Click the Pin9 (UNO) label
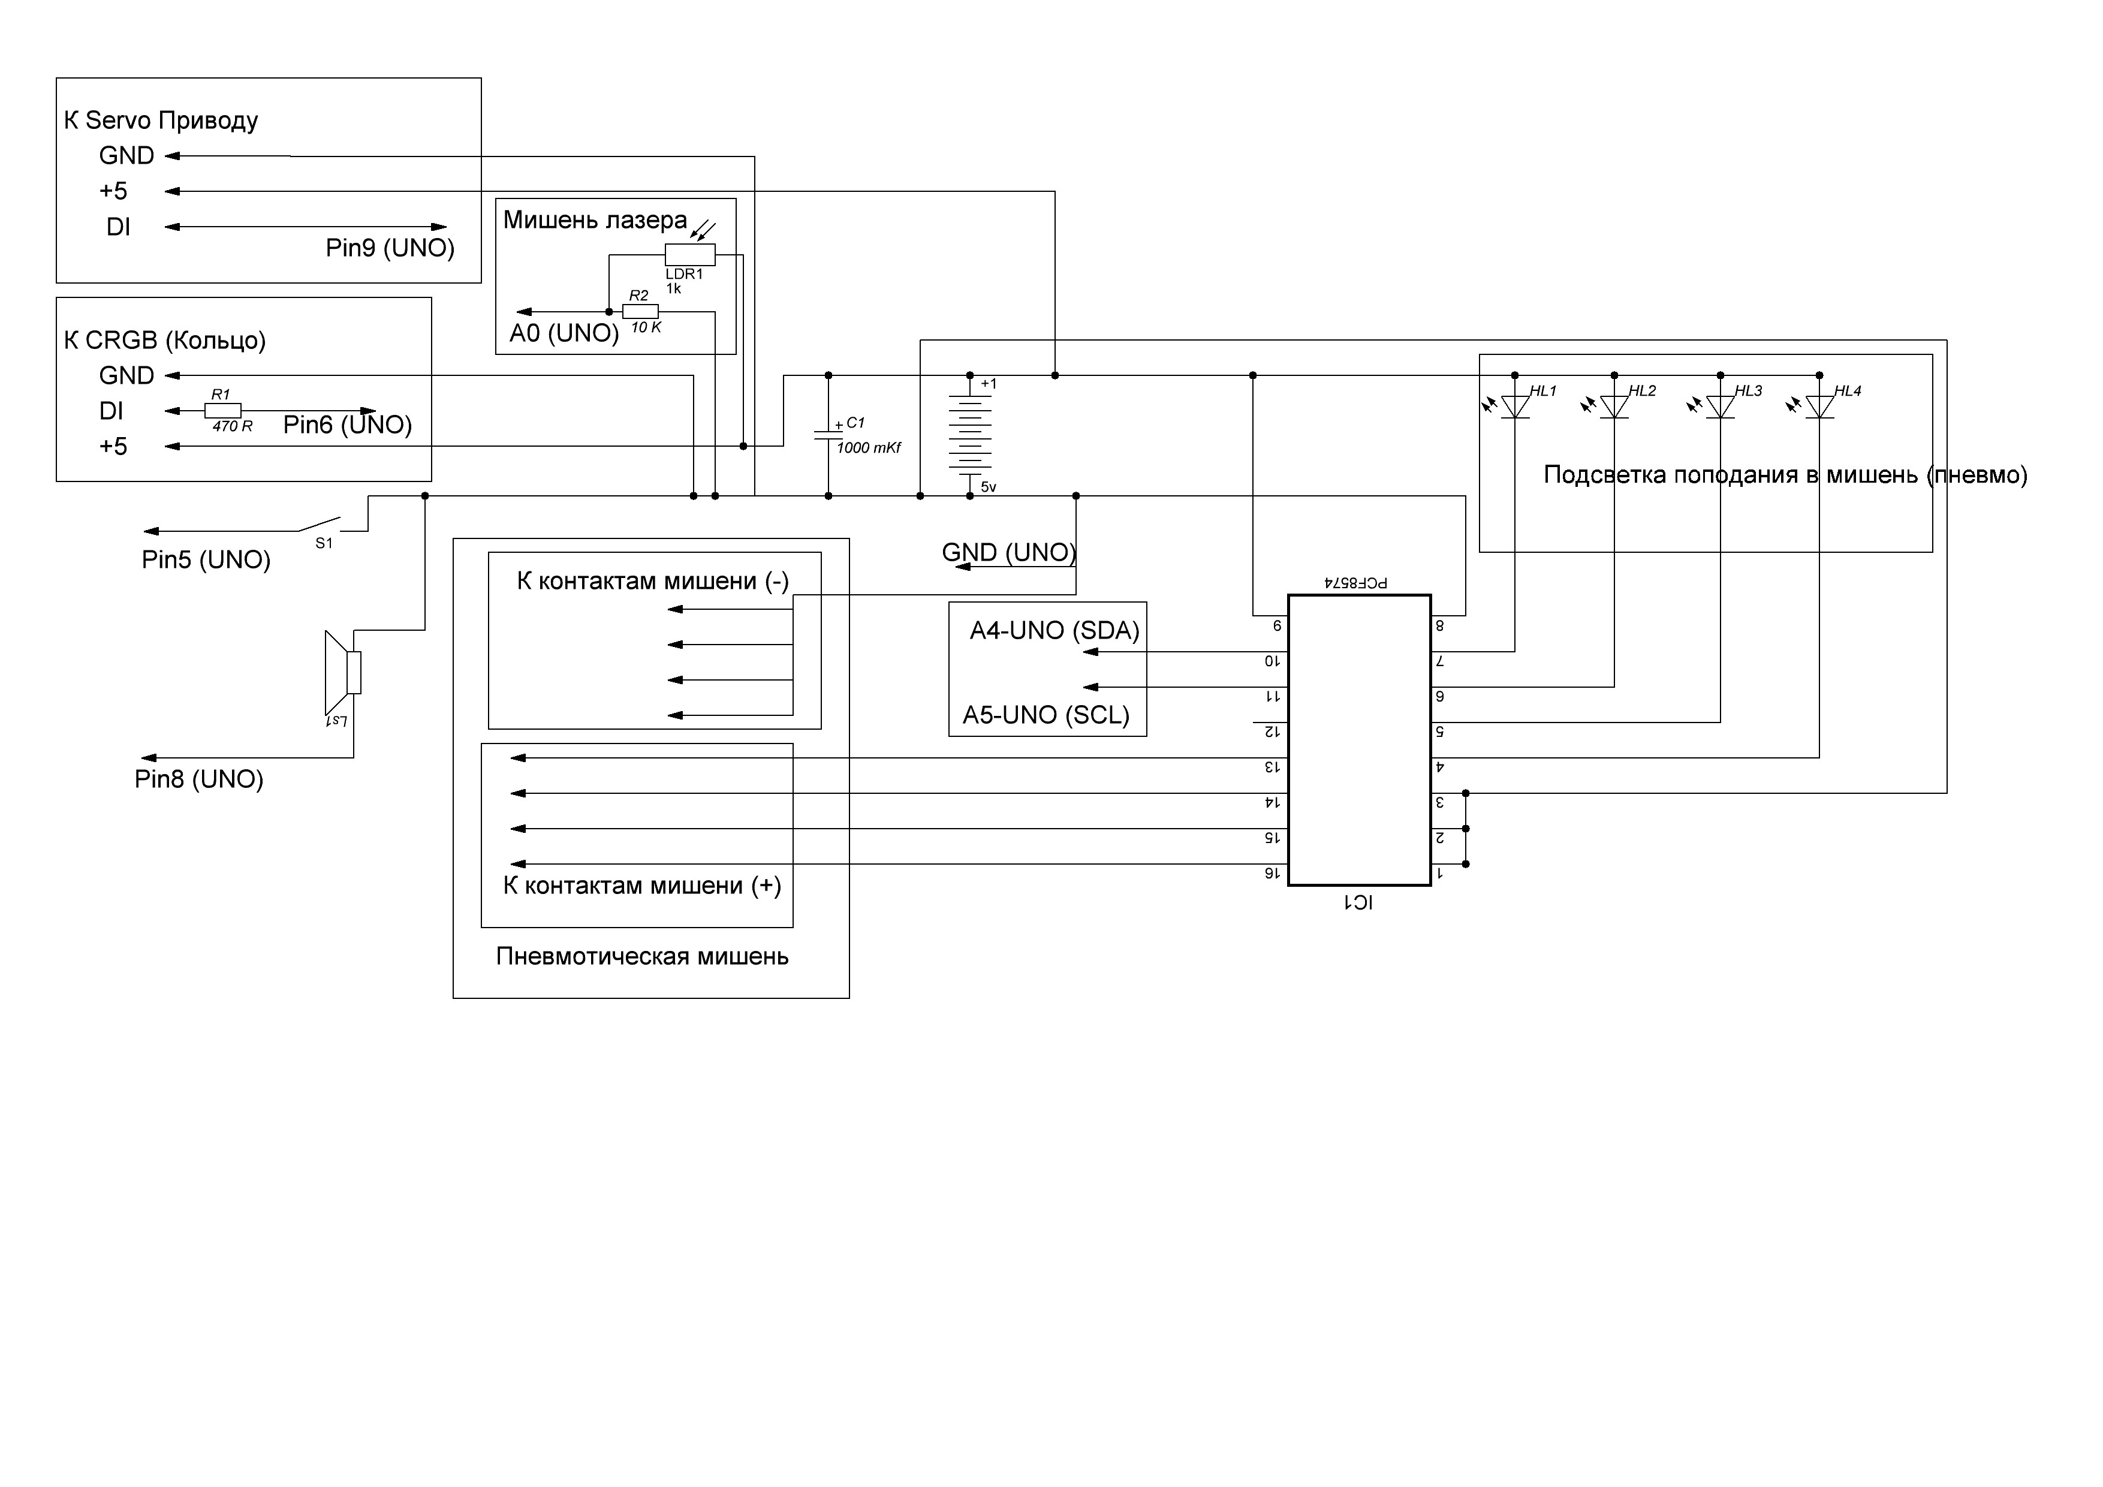point(390,248)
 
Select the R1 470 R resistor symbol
point(222,411)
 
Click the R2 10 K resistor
point(640,312)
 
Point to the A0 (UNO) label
point(564,333)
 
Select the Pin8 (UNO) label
point(199,779)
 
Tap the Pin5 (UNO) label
point(206,560)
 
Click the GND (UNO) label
point(1008,552)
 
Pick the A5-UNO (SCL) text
point(1046,715)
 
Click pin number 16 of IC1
point(1272,873)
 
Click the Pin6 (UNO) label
point(347,425)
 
